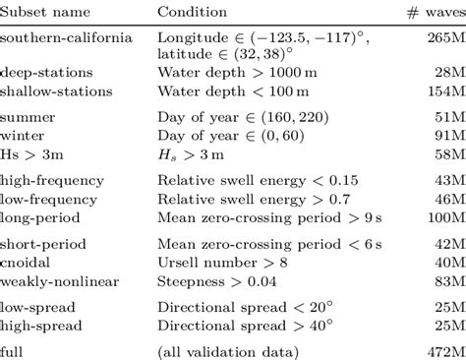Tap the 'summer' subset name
coord(26,117)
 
